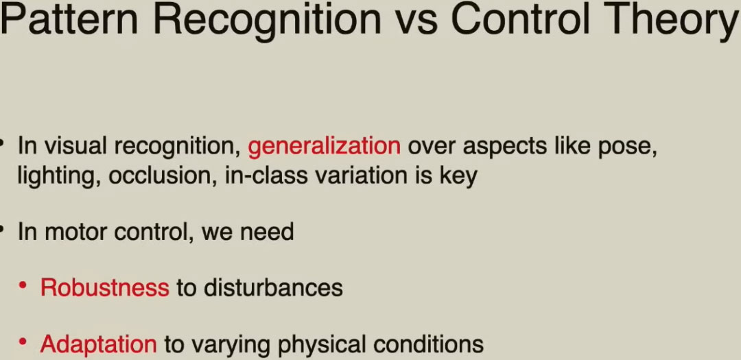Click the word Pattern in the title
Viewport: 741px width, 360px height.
[x=69, y=19]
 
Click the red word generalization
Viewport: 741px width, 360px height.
[x=324, y=146]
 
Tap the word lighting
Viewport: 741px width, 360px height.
[x=58, y=176]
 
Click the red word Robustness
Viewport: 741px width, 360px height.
[x=105, y=288]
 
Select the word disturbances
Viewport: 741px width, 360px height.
[x=274, y=288]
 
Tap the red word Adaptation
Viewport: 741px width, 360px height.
[x=98, y=344]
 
